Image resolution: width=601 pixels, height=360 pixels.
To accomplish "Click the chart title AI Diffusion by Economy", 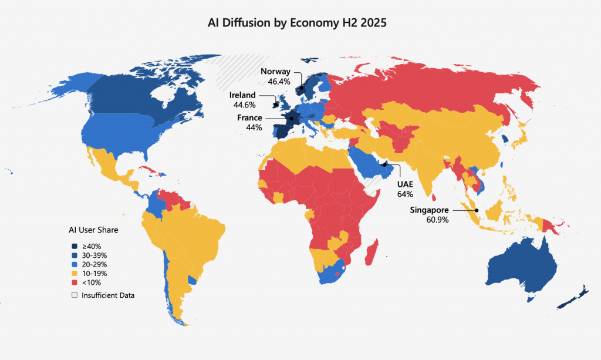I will click(297, 23).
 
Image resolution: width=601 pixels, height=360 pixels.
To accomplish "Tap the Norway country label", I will click(275, 72).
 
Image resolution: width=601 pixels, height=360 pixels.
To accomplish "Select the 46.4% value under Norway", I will click(279, 82).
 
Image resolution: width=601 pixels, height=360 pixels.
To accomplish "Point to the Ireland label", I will click(242, 95).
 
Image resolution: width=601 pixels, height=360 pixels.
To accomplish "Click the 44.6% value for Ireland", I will click(244, 105).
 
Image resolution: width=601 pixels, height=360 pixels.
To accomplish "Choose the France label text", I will click(249, 118).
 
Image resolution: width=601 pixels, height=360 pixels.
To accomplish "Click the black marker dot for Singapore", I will click(477, 210).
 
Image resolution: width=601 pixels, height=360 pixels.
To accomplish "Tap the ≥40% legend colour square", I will click(75, 247).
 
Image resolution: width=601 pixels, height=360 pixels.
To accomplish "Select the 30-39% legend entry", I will click(94, 255).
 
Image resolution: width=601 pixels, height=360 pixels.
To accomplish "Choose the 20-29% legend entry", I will click(94, 264).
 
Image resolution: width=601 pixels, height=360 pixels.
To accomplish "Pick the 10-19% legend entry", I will click(94, 273).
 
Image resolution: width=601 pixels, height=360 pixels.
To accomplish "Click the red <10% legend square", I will click(75, 282).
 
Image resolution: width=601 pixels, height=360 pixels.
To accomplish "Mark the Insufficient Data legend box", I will click(75, 295).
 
